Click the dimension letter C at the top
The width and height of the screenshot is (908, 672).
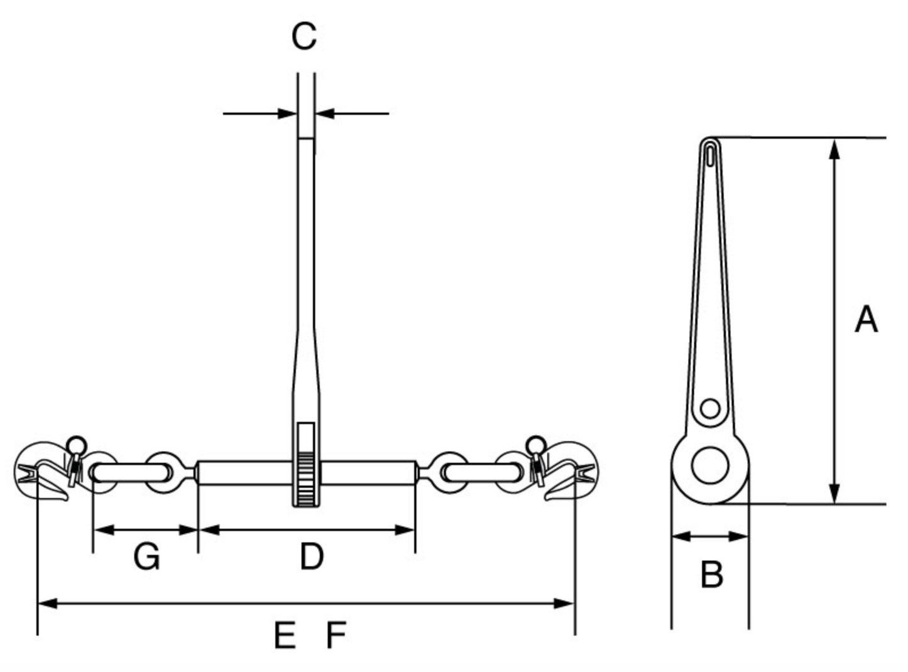click(304, 36)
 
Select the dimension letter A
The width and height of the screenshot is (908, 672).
click(866, 320)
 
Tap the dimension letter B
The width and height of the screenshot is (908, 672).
click(711, 574)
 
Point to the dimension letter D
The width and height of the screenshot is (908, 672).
click(311, 556)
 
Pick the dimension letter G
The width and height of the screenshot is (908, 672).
click(146, 556)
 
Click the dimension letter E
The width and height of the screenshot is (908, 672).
click(285, 635)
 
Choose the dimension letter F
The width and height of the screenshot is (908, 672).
click(336, 635)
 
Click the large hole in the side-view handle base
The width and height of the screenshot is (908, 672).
click(710, 465)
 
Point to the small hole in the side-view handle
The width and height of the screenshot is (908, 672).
click(710, 409)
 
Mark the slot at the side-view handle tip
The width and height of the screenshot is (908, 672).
click(710, 154)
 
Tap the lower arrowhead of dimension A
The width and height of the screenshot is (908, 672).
click(834, 494)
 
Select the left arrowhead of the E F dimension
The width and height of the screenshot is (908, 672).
click(47, 604)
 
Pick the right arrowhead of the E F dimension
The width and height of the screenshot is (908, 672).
click(565, 604)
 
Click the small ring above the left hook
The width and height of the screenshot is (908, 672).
click(76, 443)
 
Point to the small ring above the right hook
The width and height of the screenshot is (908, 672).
click(536, 443)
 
